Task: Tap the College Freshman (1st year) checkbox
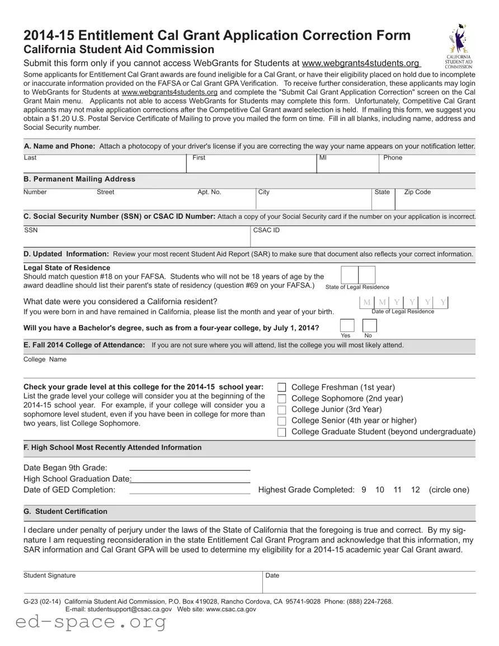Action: [281, 387]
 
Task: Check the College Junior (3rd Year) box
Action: [281, 410]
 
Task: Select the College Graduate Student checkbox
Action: [281, 432]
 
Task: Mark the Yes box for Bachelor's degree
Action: [347, 326]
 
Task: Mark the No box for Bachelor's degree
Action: [369, 326]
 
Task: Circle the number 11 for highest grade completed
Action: [398, 490]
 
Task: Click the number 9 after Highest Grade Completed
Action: [364, 490]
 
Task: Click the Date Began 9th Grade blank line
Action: [190, 469]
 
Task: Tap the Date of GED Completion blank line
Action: [190, 493]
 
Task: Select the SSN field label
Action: [31, 230]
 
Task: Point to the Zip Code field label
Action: [417, 192]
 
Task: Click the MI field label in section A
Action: [323, 158]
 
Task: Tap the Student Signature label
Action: [49, 575]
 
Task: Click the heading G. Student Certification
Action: [65, 512]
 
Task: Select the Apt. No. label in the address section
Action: [209, 192]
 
